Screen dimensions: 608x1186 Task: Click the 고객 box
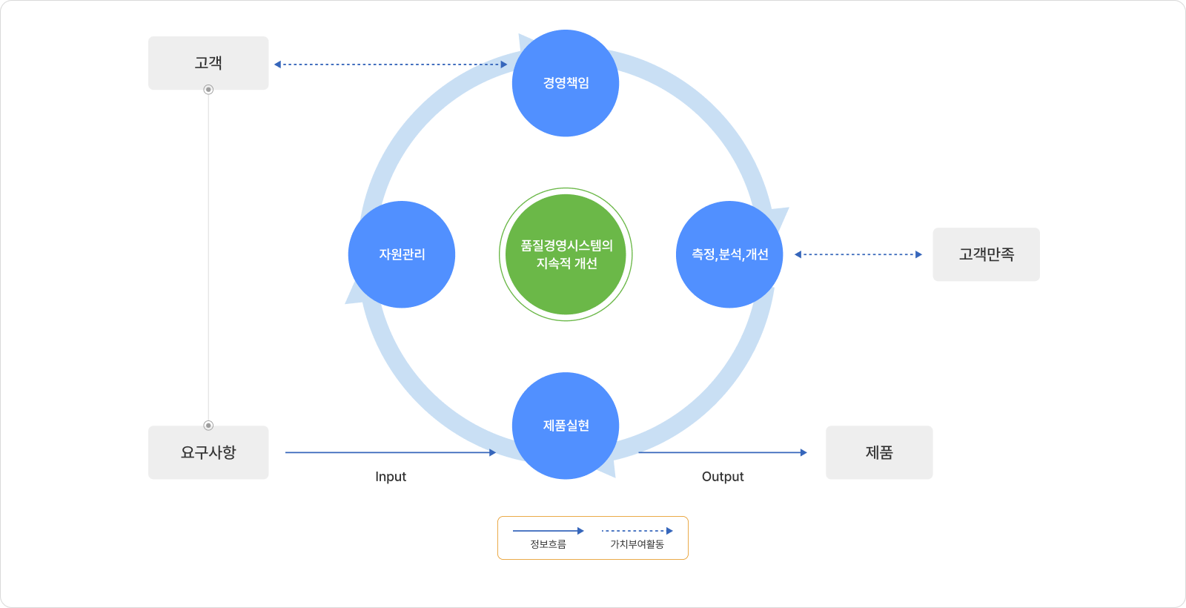[208, 63]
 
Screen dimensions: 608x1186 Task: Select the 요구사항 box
[208, 452]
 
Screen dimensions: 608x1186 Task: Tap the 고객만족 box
[986, 254]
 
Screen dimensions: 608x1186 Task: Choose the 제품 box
[879, 452]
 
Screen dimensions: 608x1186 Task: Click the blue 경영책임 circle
[566, 83]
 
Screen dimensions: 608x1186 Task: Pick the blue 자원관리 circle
[402, 254]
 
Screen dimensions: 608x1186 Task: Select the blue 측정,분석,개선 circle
[729, 254]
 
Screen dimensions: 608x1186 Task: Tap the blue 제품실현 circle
[566, 426]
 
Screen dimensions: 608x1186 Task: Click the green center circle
[566, 254]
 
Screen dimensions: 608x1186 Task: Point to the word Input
[391, 477]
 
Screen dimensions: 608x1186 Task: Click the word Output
[723, 477]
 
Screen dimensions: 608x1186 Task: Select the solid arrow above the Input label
[391, 452]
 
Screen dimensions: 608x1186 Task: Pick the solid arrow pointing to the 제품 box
[723, 452]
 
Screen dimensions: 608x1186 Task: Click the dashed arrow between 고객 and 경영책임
[391, 65]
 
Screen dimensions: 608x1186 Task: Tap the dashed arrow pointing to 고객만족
[858, 254]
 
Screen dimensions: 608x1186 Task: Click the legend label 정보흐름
[548, 544]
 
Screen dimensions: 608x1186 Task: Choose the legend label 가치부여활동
[637, 544]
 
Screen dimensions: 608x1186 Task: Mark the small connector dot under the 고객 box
[208, 90]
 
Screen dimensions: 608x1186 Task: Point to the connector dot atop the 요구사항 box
[208, 425]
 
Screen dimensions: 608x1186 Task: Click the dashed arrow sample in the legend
[637, 531]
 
